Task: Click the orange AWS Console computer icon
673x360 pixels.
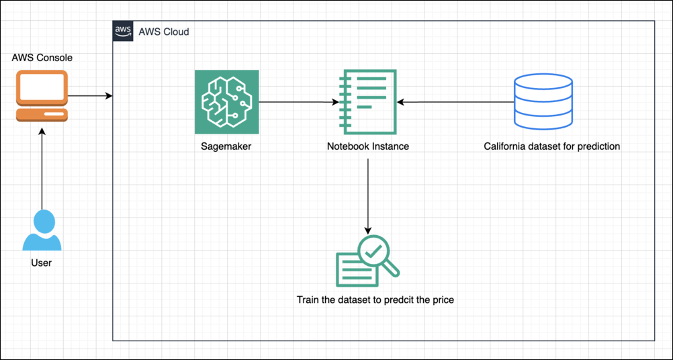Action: (42, 95)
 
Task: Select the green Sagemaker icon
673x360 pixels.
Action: (226, 102)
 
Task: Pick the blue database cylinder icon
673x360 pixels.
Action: (543, 102)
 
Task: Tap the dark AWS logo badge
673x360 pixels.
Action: (123, 31)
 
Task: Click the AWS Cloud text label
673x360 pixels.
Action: (163, 32)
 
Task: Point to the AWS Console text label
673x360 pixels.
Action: (42, 58)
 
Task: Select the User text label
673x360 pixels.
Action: (42, 263)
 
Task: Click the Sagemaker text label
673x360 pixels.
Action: (226, 146)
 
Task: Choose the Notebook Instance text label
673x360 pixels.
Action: (367, 146)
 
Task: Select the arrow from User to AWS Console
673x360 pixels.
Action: (42, 168)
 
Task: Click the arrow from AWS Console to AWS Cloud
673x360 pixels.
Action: (89, 96)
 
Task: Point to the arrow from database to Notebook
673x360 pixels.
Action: (454, 102)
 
